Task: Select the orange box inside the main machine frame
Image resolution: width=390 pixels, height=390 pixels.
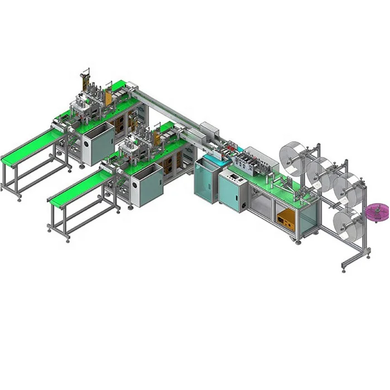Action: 285,212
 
